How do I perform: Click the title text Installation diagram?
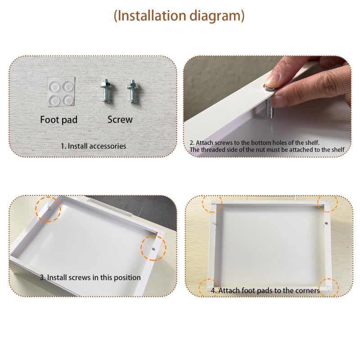(179, 16)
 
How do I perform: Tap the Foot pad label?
(59, 120)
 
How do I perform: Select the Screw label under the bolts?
(120, 119)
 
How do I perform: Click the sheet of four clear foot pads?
(61, 92)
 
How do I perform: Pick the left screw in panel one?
(106, 90)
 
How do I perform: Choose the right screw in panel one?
(132, 91)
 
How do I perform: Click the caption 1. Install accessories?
(93, 146)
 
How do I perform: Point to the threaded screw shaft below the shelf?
(269, 108)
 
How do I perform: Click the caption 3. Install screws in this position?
(90, 277)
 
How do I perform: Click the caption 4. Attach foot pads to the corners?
(265, 290)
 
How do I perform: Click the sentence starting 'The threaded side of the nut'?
(267, 150)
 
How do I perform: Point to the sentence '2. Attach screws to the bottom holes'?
(254, 143)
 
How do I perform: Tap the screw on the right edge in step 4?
(326, 223)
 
